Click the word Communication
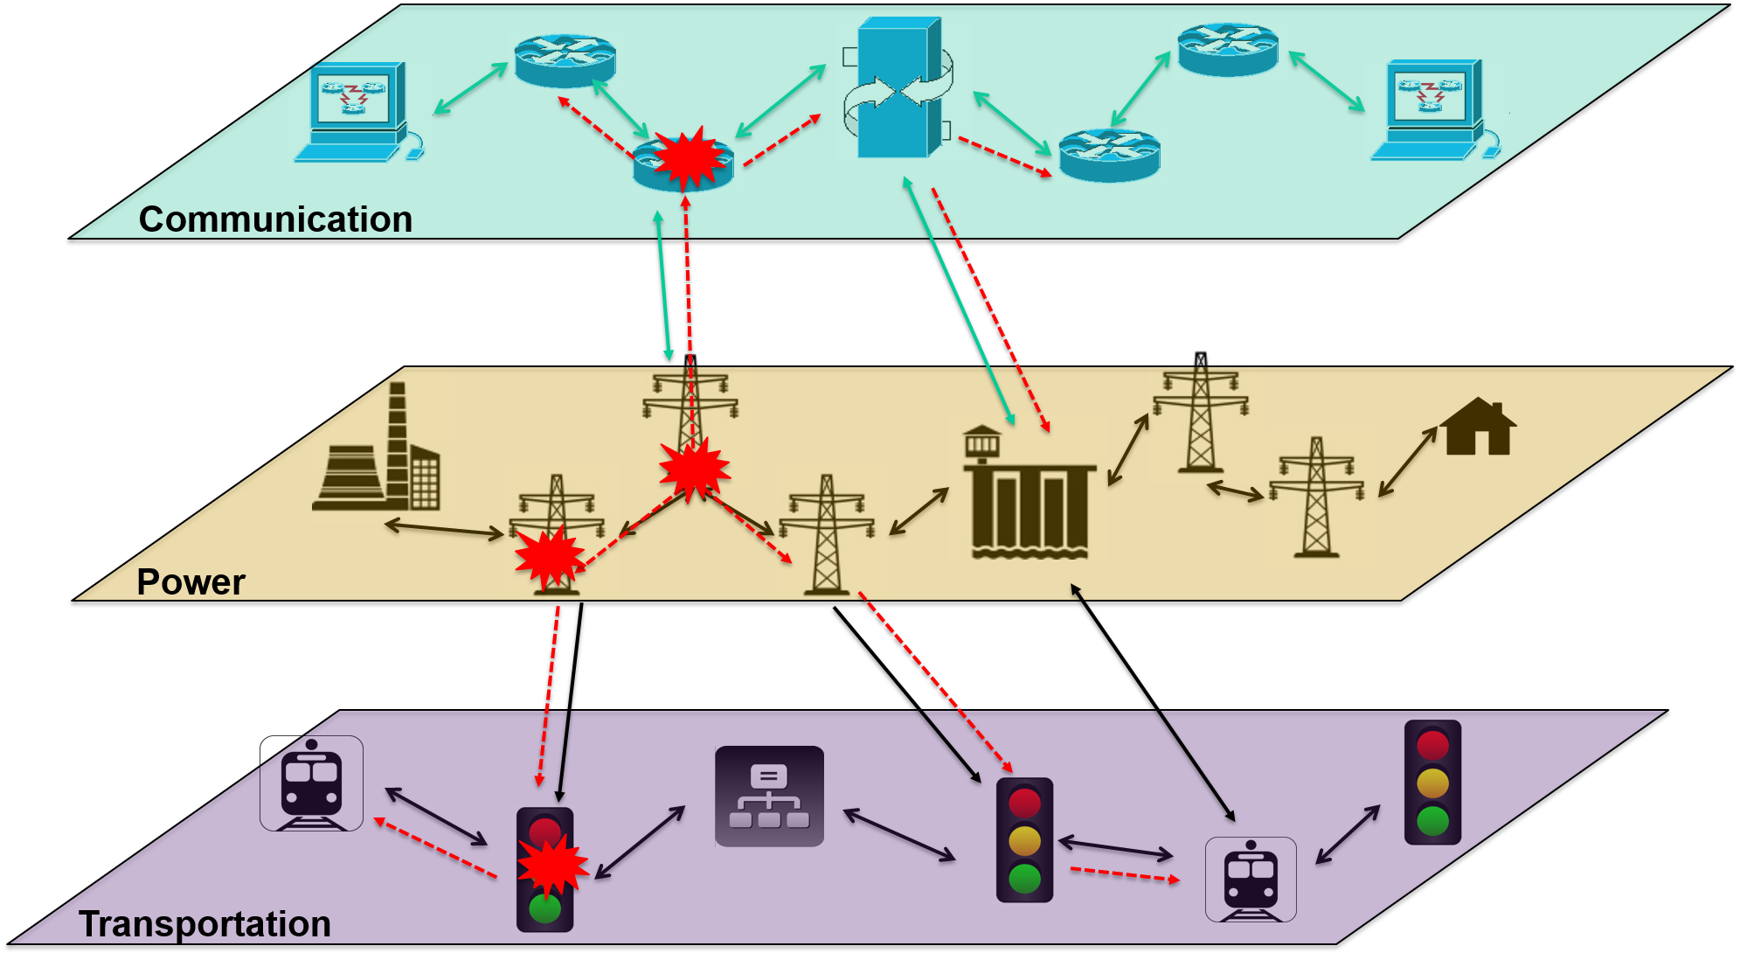coord(275,219)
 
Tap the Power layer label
coord(191,582)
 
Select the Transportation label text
coord(205,924)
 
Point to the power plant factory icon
coord(383,446)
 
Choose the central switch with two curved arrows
coord(903,91)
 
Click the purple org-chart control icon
coord(769,797)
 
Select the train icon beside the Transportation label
coord(311,783)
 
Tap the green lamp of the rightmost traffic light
coord(1432,821)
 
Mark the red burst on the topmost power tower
coord(695,470)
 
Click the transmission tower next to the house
coord(1321,497)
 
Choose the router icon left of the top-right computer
coord(1229,50)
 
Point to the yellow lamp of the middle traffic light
coord(1024,841)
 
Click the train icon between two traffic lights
coord(1251,880)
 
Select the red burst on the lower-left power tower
coord(549,558)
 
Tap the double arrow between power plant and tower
coord(444,528)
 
